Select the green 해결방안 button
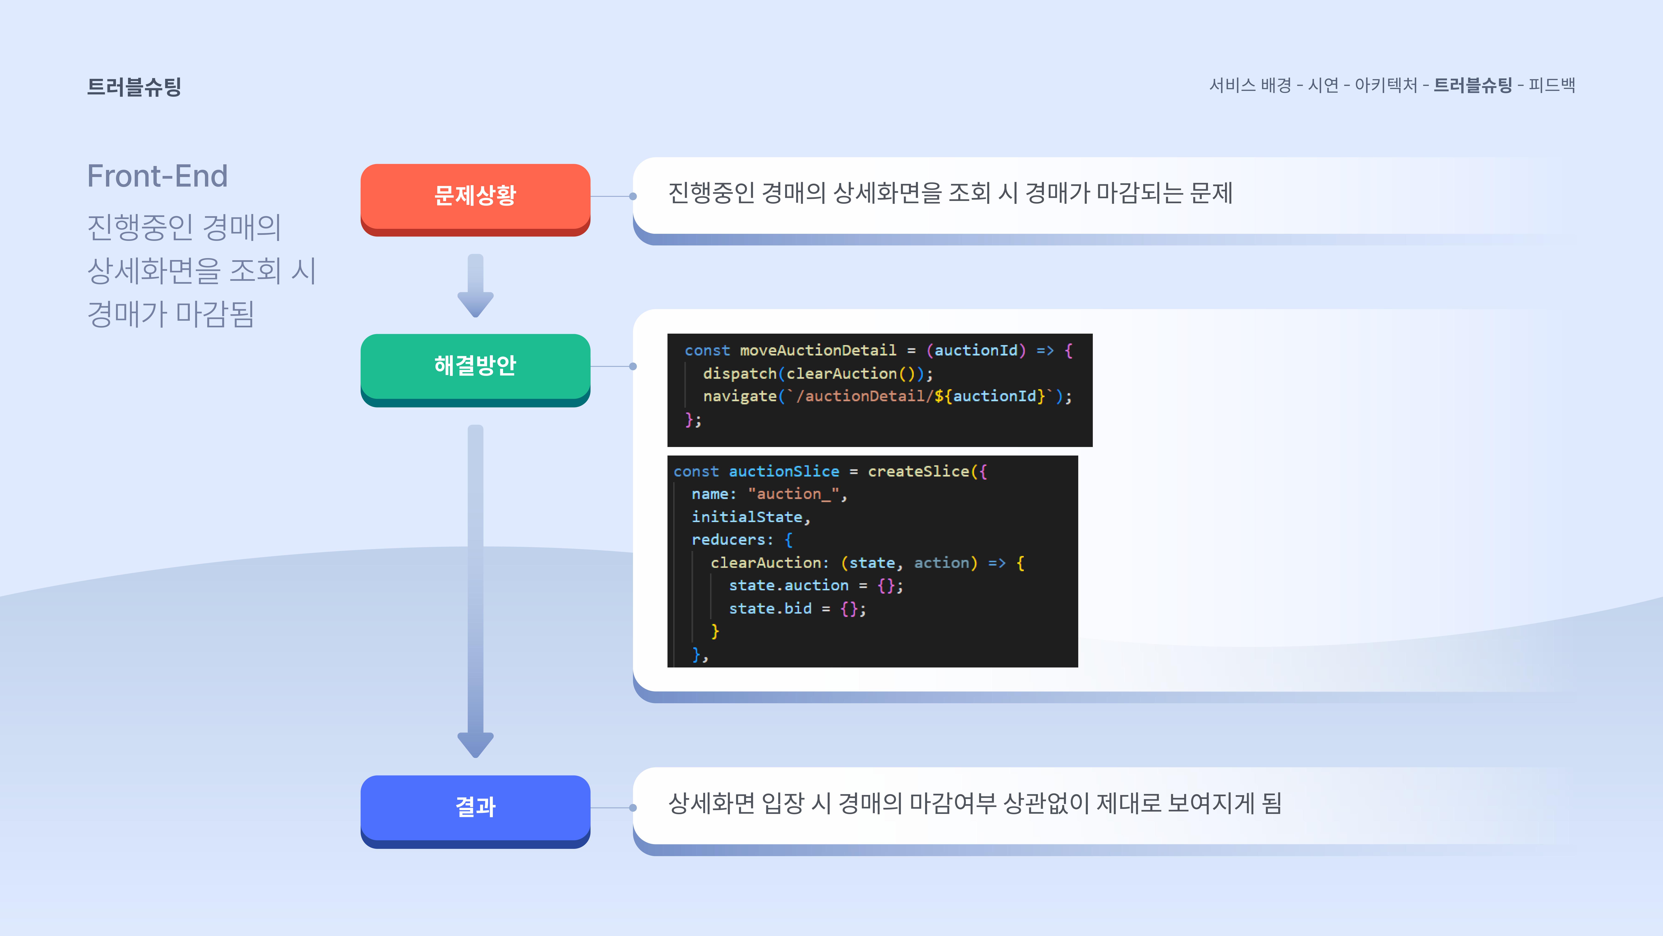(475, 366)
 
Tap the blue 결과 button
(475, 807)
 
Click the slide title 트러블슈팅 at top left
(134, 87)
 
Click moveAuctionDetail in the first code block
(818, 351)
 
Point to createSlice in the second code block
(918, 472)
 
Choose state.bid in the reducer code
(770, 608)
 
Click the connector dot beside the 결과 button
(633, 807)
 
